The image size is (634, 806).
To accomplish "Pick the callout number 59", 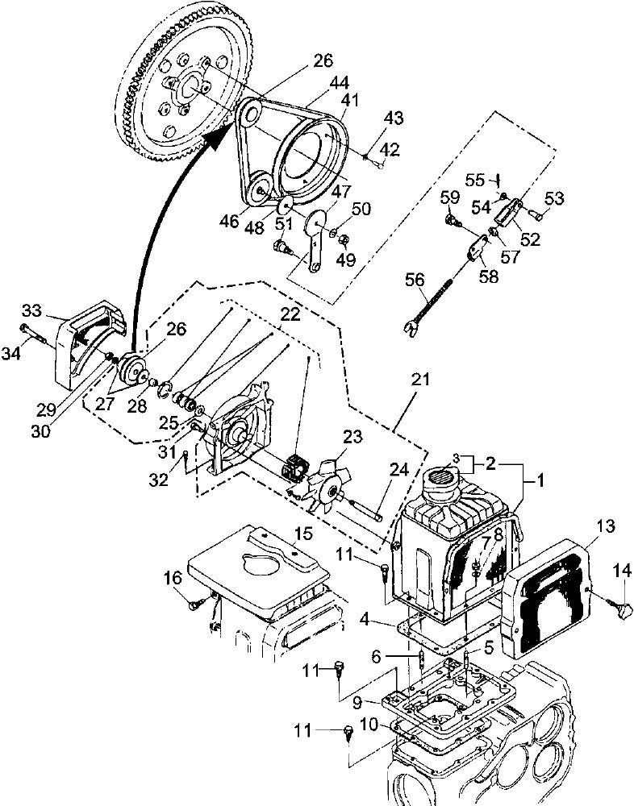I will click(x=449, y=196).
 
